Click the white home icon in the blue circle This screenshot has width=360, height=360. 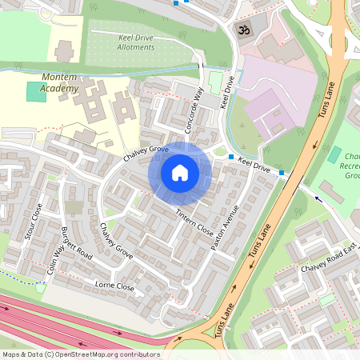(180, 172)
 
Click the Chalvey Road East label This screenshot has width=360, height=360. (328, 254)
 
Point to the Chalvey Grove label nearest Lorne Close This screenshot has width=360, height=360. (117, 241)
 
